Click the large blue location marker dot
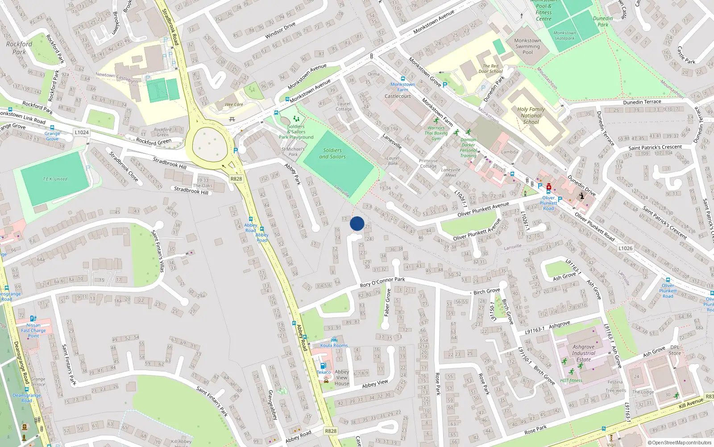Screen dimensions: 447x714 pyautogui.click(x=357, y=223)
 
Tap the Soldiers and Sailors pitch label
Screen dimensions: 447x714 pyautogui.click(x=332, y=153)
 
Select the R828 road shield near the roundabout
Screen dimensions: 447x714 pyautogui.click(x=236, y=179)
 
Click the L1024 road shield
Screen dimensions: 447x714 pyautogui.click(x=82, y=132)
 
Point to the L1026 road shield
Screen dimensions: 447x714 pyautogui.click(x=625, y=248)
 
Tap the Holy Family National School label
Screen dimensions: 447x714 pyautogui.click(x=531, y=115)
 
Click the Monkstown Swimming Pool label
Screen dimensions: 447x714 pyautogui.click(x=527, y=46)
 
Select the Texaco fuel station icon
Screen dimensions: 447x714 pyautogui.click(x=324, y=366)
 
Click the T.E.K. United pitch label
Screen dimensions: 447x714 pyautogui.click(x=55, y=179)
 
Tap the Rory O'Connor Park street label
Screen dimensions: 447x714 pyautogui.click(x=382, y=282)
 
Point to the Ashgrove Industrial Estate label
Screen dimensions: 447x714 pyautogui.click(x=583, y=353)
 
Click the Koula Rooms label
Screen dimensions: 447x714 pyautogui.click(x=334, y=345)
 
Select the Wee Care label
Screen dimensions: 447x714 pyautogui.click(x=234, y=105)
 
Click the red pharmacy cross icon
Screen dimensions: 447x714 pyautogui.click(x=548, y=187)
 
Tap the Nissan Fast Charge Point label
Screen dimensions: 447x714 pyautogui.click(x=33, y=330)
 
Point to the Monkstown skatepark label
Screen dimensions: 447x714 pyautogui.click(x=565, y=35)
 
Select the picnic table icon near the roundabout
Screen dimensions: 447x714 pyautogui.click(x=232, y=119)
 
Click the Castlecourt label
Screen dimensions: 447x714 pyautogui.click(x=398, y=96)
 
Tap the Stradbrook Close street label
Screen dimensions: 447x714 pyautogui.click(x=124, y=167)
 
